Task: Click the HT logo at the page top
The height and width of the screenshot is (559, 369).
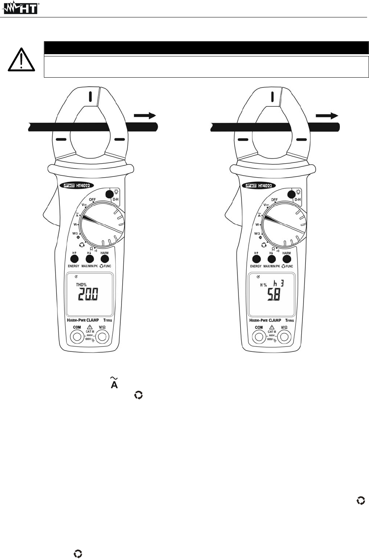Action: (21, 8)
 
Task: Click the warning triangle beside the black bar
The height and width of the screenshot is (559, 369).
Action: (22, 59)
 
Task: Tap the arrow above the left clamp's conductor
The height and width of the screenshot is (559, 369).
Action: (145, 116)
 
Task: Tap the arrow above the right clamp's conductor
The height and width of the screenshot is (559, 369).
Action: (327, 116)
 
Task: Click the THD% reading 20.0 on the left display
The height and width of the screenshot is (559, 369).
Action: (88, 294)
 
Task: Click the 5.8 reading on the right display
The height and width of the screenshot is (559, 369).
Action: (274, 295)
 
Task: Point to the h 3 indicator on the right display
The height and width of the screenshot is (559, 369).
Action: (279, 283)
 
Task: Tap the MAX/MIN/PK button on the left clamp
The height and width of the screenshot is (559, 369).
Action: (90, 259)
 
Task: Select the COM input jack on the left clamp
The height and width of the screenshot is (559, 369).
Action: (77, 336)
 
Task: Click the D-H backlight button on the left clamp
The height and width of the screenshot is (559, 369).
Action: (109, 194)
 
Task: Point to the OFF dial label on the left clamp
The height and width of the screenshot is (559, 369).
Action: (92, 200)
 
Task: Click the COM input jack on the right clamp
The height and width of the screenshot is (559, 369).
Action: (259, 336)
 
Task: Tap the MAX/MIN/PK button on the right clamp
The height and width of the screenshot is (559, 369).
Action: (272, 259)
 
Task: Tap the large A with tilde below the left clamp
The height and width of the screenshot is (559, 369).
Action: (114, 383)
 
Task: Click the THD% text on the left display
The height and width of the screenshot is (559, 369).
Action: (81, 285)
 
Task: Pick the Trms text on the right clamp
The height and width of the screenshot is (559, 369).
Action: (290, 320)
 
